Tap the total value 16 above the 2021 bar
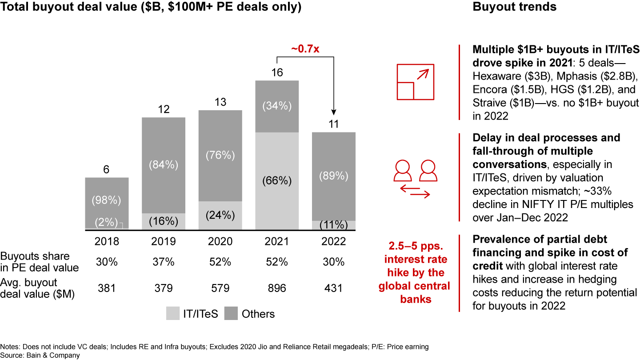point(277,72)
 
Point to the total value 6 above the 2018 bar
point(107,169)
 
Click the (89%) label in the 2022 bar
point(333,176)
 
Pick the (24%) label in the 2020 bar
point(220,215)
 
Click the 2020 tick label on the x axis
point(220,241)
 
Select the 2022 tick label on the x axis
point(333,241)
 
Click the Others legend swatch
point(231,314)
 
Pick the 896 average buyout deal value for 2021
point(277,288)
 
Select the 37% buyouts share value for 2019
point(164,262)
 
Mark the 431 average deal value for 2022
point(333,288)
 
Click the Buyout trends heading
point(515,7)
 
